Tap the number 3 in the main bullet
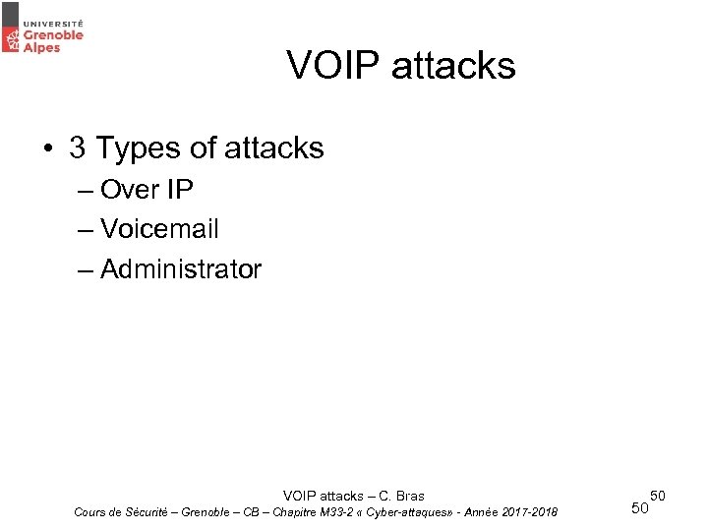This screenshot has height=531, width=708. [78, 148]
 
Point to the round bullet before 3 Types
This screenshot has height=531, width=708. [47, 149]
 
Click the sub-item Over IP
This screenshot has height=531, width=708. [147, 189]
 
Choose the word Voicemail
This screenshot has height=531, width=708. [159, 229]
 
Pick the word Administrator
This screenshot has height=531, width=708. [181, 268]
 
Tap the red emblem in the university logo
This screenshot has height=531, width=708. [12, 39]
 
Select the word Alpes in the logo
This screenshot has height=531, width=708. [42, 47]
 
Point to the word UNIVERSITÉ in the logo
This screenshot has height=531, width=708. [53, 21]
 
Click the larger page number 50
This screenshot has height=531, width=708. [639, 508]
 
